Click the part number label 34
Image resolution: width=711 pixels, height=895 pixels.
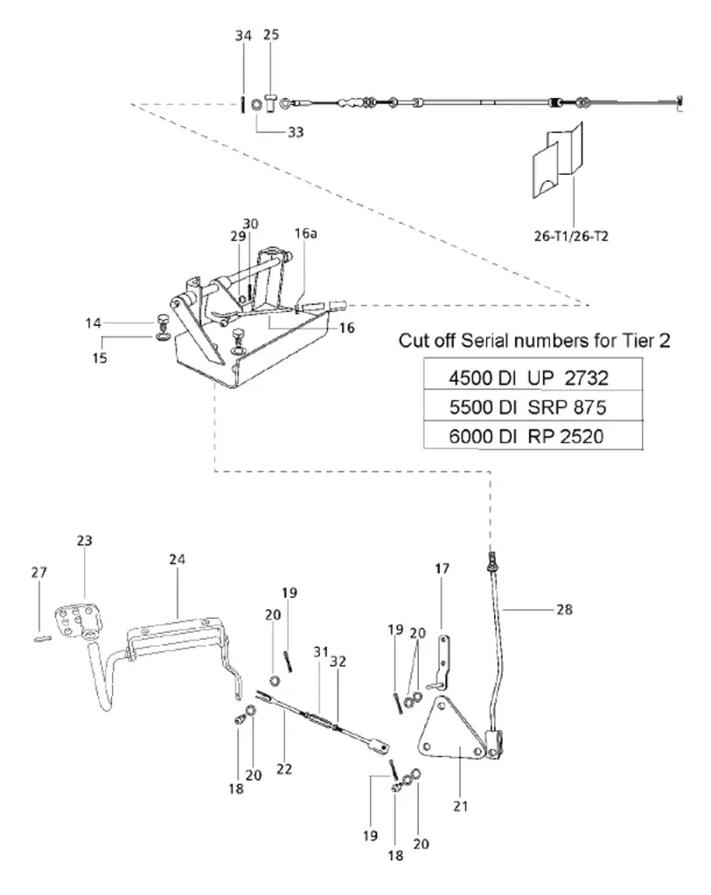242,36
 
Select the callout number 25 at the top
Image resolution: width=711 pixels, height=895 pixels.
270,36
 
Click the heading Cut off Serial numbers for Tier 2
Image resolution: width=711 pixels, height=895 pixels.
534,341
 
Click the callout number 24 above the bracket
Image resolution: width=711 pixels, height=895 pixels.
178,559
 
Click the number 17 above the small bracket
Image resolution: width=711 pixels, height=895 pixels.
443,569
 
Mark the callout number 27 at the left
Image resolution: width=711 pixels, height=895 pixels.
39,572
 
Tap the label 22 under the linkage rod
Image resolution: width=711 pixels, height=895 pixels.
282,769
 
